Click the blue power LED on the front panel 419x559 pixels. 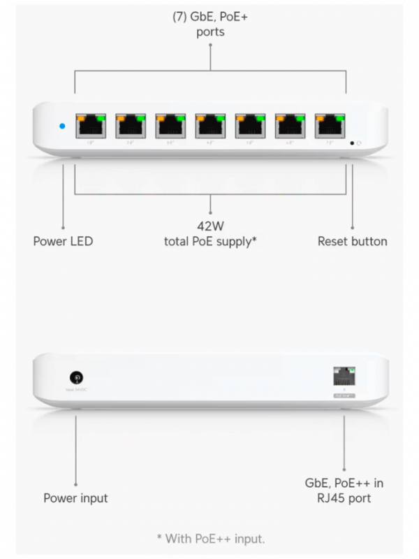[62, 126]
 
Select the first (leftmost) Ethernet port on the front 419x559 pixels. [90, 126]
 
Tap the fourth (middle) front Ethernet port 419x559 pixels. [210, 126]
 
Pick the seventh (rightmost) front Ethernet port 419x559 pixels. [330, 126]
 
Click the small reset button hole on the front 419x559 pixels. [352, 143]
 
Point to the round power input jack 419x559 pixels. [76, 377]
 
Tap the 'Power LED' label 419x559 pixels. [63, 242]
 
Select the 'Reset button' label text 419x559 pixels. [352, 242]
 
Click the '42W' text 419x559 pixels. [210, 226]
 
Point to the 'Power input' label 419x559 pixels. [75, 498]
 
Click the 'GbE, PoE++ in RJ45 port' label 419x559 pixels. [344, 491]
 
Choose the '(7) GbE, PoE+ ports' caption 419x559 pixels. [209, 24]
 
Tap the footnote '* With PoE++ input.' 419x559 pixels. [210, 538]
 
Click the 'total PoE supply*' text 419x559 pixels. [210, 242]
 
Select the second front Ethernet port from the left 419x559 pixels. [130, 126]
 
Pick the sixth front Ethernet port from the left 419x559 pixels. [291, 126]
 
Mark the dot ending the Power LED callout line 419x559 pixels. [63, 226]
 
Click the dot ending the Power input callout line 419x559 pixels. [75, 482]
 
